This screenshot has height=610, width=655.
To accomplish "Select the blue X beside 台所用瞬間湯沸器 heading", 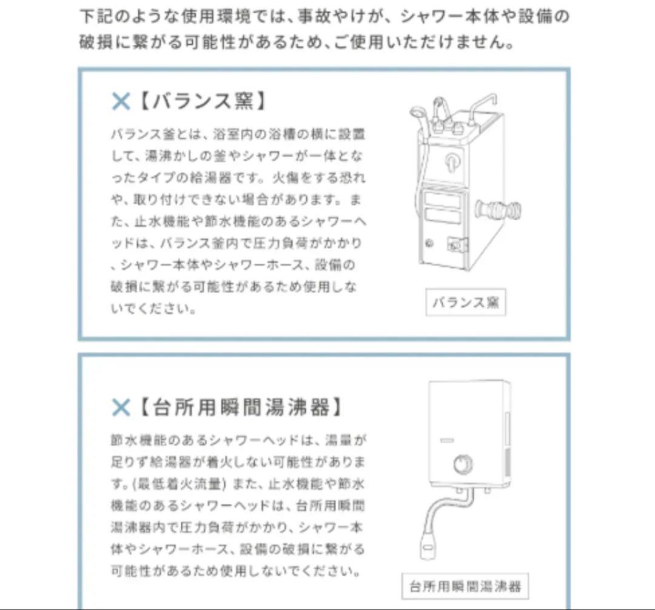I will [121, 407].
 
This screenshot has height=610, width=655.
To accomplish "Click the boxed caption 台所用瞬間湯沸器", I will [465, 586].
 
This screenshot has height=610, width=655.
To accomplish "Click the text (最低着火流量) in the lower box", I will [176, 484].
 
